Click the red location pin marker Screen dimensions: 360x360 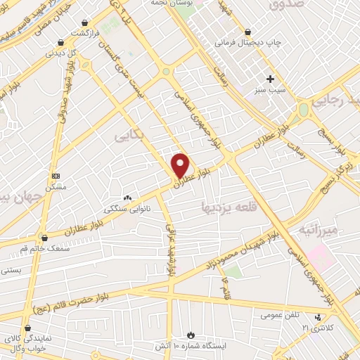click(180, 165)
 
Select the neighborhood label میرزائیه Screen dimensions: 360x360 click(318, 230)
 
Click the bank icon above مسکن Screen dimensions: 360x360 click(56, 176)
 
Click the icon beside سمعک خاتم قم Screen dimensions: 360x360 click(44, 238)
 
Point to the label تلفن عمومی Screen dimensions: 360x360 click(262, 314)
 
